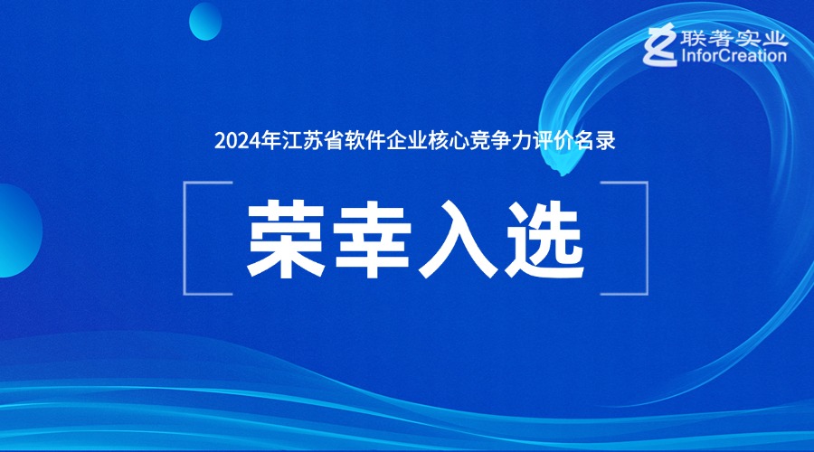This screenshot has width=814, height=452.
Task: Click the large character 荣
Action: [286, 240]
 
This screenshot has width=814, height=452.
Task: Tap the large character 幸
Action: [373, 240]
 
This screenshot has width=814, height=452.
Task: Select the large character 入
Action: [458, 240]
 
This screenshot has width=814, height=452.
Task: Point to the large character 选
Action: [544, 240]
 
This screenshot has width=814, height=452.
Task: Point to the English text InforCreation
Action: [734, 55]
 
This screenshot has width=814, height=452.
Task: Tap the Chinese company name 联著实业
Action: [734, 38]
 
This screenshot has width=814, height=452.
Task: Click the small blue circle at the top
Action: [205, 22]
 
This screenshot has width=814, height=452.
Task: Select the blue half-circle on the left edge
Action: [20, 231]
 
